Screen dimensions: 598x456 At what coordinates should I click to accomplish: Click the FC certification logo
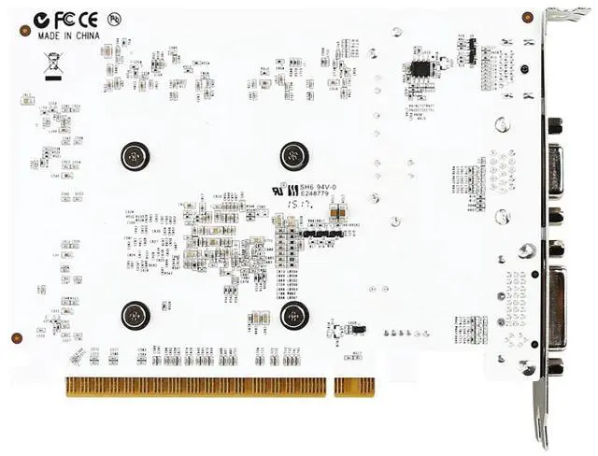click(63, 19)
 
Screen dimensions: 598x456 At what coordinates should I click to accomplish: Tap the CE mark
click(88, 19)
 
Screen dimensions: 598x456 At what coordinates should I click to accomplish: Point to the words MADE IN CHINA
click(68, 35)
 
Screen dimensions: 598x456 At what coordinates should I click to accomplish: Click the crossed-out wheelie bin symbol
click(51, 64)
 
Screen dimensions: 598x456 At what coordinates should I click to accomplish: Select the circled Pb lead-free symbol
click(113, 18)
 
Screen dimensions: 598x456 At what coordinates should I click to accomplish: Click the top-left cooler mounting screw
click(135, 155)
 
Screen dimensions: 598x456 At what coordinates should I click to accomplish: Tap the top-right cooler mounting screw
click(294, 155)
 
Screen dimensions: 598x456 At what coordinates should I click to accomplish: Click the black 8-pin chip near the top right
click(421, 66)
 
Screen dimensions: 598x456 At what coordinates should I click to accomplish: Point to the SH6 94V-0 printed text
click(310, 187)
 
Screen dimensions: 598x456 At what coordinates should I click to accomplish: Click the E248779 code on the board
click(309, 196)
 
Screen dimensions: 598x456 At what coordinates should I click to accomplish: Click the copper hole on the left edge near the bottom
click(15, 337)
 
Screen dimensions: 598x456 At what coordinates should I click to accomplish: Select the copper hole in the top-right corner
click(527, 17)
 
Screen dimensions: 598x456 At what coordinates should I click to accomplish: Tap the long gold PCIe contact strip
click(195, 385)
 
